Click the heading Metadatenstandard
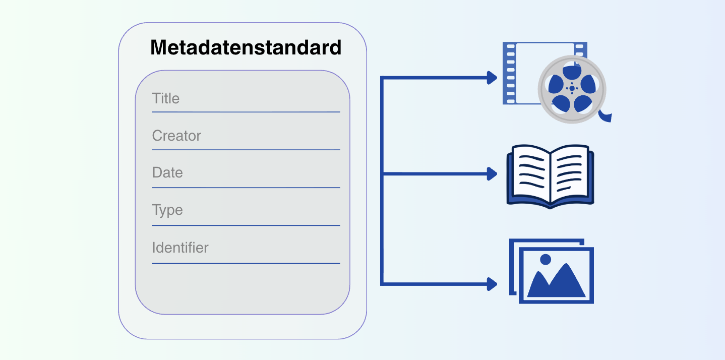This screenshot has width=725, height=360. (x=246, y=48)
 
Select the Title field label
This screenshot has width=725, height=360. (x=166, y=98)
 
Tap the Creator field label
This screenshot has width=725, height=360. (x=176, y=136)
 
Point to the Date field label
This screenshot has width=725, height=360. (x=167, y=172)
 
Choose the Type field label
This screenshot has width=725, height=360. (x=167, y=210)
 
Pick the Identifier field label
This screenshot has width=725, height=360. (x=180, y=248)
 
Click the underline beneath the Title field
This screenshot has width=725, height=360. (x=246, y=112)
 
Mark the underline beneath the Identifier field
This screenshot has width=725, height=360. (x=246, y=263)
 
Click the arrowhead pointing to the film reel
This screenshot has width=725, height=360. (x=492, y=78)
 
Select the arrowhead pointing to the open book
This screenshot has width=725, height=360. (x=492, y=174)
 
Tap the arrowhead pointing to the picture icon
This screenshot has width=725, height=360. (x=492, y=284)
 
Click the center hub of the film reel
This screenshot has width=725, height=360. (x=572, y=88)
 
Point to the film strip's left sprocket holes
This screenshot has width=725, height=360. (x=510, y=73)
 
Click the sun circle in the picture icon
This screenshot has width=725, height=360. (x=545, y=260)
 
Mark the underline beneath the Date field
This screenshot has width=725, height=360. (x=246, y=188)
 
